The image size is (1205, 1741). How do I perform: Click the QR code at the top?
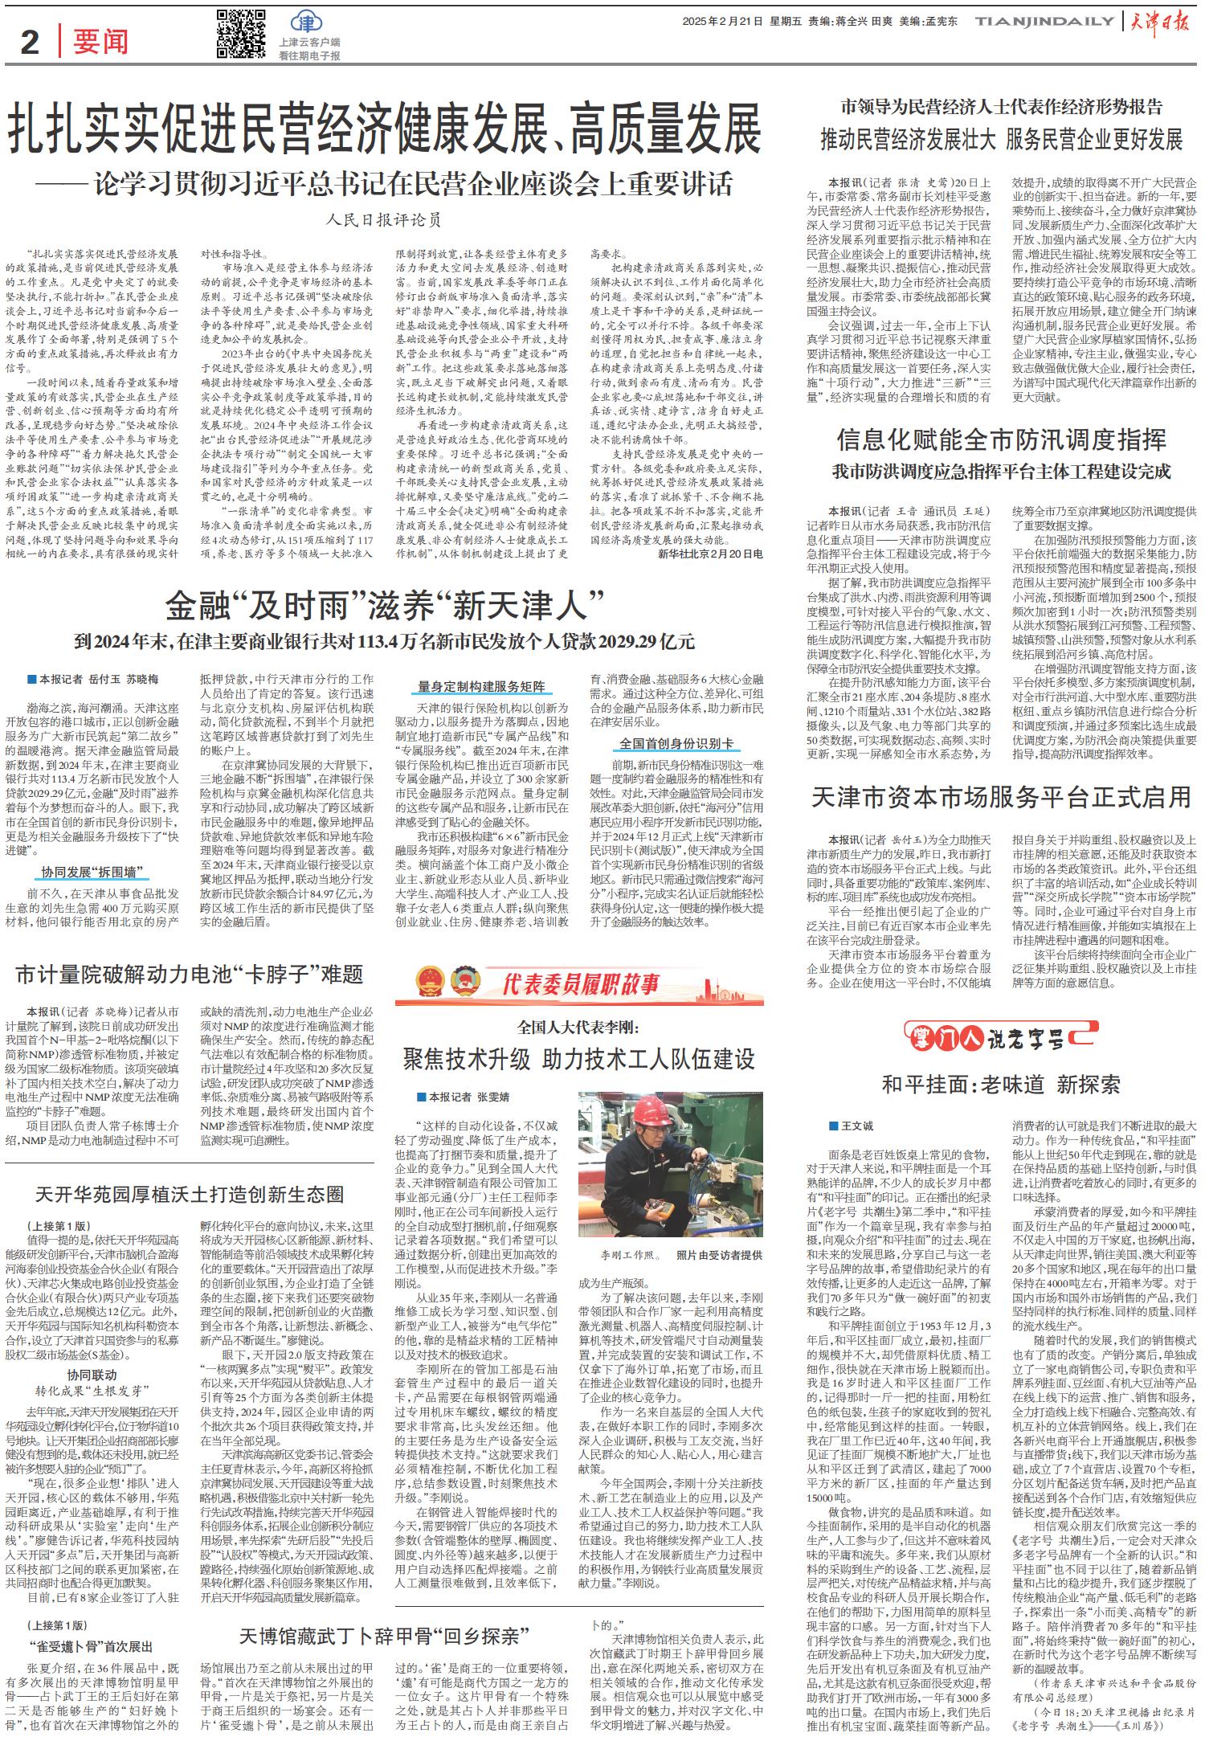[241, 35]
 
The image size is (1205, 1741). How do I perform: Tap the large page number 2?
[30, 41]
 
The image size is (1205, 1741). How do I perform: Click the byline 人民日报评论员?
[384, 219]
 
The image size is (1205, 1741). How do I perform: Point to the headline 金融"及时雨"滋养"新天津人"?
[384, 604]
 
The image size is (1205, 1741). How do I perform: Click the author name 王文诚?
[856, 1126]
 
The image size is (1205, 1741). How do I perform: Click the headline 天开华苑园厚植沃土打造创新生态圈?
[189, 1194]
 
